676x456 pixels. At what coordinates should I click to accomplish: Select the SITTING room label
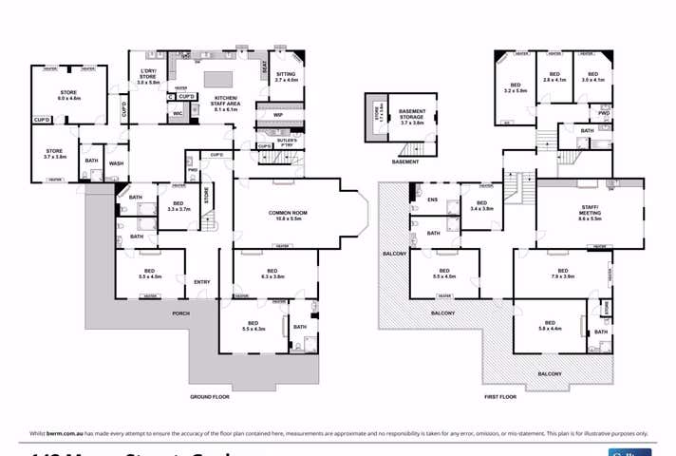[286, 77]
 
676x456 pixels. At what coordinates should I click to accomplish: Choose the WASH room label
[116, 163]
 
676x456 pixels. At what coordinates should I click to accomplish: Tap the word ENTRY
[202, 282]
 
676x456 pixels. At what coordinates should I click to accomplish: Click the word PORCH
[180, 313]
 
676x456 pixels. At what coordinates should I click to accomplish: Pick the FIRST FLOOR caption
[499, 396]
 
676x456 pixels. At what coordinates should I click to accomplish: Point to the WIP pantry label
[278, 116]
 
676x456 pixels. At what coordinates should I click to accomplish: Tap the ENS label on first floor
[433, 199]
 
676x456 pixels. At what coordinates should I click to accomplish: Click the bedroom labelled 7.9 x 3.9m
[562, 274]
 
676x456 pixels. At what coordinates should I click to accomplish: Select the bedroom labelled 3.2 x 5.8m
[516, 87]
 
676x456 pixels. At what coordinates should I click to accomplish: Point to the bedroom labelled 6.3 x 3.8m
[272, 274]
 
